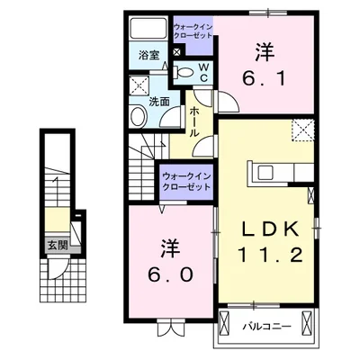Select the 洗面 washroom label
coord(158,102)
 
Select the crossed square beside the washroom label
coord(139,86)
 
